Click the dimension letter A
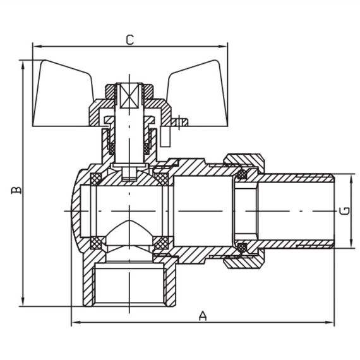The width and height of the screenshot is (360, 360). (203, 316)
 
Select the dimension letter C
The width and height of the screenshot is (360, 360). (129, 39)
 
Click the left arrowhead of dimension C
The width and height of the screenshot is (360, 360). (37, 46)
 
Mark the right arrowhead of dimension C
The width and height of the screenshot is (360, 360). (223, 46)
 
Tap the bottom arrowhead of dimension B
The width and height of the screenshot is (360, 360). (23, 302)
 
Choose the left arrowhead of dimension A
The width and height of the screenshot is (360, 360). (75, 323)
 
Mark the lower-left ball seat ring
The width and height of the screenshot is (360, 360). (97, 241)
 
